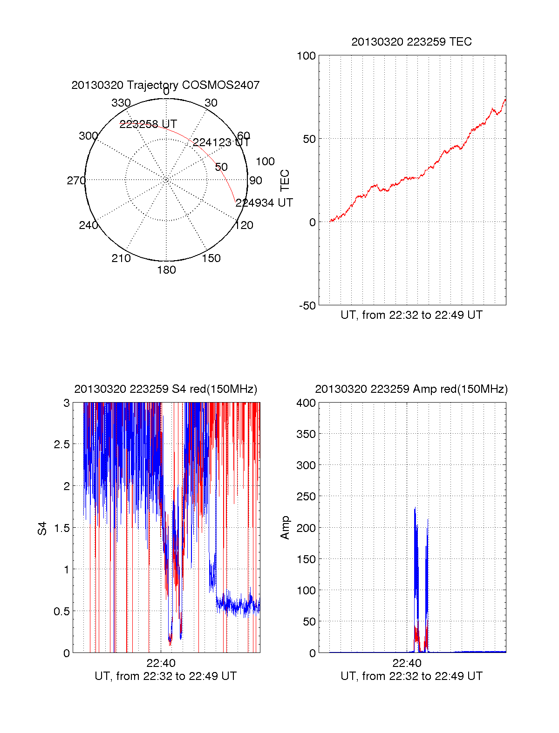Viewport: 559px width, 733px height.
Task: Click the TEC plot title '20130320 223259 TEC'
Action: tap(411, 42)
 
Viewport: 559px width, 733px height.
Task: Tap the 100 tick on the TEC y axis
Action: tap(306, 56)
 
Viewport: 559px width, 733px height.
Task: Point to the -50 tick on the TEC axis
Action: tap(307, 306)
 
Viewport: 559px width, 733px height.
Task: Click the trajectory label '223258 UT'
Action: tap(148, 124)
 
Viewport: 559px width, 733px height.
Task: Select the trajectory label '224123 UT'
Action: tap(221, 142)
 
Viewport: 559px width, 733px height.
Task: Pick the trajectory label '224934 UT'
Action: tap(264, 203)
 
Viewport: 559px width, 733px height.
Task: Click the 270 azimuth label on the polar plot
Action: tap(76, 181)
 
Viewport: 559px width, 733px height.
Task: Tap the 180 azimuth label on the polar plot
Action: tap(166, 270)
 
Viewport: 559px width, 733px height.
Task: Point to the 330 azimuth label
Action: tap(121, 103)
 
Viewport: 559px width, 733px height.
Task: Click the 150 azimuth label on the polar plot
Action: tap(211, 258)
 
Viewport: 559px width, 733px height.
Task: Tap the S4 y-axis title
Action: tap(42, 528)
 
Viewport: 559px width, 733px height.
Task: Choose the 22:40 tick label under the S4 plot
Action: tap(161, 663)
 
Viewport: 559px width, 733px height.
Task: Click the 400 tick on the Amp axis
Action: tap(306, 403)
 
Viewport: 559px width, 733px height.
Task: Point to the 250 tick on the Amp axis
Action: tap(306, 497)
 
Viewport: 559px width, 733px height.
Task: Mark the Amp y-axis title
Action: tap(285, 528)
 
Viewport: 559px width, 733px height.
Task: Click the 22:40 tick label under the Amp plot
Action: tap(407, 663)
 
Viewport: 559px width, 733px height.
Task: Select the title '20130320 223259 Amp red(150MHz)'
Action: tap(411, 389)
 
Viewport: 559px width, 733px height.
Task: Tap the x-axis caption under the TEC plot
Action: tap(411, 315)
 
